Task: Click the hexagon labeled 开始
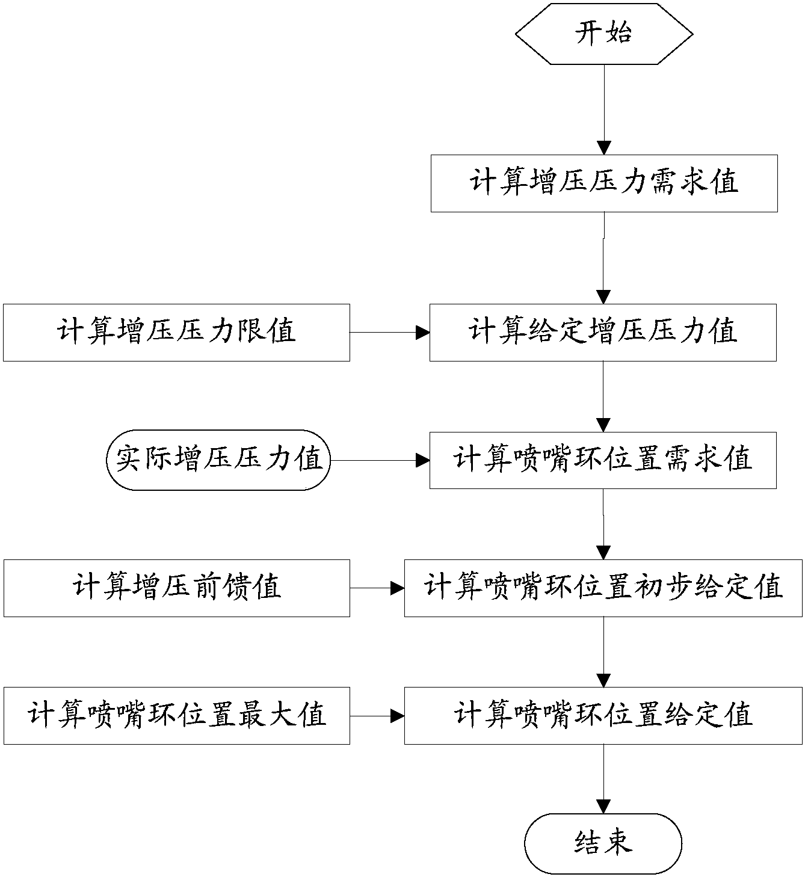click(x=604, y=33)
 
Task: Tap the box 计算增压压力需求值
click(x=604, y=183)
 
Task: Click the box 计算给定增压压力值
click(x=603, y=332)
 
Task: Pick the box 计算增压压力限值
click(x=176, y=332)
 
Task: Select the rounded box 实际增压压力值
click(x=219, y=460)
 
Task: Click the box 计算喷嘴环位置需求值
click(x=603, y=460)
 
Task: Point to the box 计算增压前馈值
click(x=176, y=588)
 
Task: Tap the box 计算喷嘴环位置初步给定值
click(x=603, y=588)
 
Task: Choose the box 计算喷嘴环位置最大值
click(x=176, y=716)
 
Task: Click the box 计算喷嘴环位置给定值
click(x=603, y=716)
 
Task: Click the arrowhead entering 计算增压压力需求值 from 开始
click(x=603, y=148)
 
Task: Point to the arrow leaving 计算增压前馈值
click(x=377, y=588)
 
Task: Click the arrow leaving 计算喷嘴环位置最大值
click(x=377, y=716)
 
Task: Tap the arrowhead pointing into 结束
click(x=603, y=807)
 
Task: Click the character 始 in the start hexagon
click(x=618, y=33)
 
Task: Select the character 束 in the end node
click(x=618, y=843)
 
